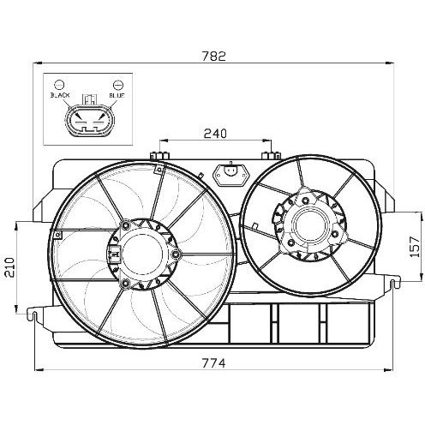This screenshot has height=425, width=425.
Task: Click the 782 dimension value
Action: (214, 57)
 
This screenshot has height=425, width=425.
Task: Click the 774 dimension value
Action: (214, 363)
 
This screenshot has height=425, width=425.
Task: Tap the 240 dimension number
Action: (215, 134)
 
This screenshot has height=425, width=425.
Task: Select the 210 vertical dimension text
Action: (10, 267)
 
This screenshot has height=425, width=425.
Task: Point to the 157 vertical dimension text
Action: (415, 247)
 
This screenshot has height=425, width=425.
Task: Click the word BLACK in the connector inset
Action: (60, 95)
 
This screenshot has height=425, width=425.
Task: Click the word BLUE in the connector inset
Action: (117, 95)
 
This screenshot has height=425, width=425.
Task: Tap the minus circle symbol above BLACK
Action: (59, 85)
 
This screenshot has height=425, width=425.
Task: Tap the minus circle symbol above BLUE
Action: (118, 85)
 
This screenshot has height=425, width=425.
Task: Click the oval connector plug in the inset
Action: (89, 120)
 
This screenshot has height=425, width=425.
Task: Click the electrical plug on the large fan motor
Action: (114, 253)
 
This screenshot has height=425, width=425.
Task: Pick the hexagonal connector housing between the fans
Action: (231, 175)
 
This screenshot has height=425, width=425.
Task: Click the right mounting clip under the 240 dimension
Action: (272, 156)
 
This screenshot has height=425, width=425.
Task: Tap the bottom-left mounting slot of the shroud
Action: (34, 316)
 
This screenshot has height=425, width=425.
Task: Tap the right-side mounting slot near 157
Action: (393, 284)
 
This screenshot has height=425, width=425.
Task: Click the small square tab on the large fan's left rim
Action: (58, 235)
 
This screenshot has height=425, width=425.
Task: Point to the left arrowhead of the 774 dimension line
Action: (39, 370)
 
